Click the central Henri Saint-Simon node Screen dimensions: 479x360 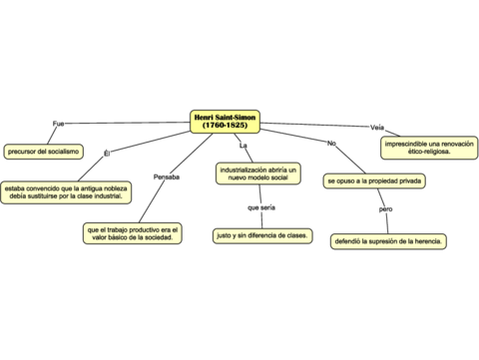click(x=225, y=122)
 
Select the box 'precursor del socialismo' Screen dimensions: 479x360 click(x=43, y=152)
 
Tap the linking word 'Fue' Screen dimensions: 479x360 click(x=58, y=124)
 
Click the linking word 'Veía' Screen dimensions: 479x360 click(x=377, y=128)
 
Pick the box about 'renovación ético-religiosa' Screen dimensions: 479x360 click(x=429, y=148)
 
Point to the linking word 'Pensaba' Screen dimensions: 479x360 click(x=167, y=177)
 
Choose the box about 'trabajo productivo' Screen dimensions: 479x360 click(x=133, y=233)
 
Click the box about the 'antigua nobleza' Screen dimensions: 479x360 click(x=66, y=192)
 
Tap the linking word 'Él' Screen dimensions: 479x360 click(x=107, y=154)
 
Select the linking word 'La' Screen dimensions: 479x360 click(x=243, y=146)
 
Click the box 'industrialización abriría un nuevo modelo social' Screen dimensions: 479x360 click(x=258, y=174)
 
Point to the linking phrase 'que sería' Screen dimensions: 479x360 click(x=261, y=207)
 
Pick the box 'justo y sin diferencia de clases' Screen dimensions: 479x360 click(x=262, y=235)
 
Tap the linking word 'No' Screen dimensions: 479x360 click(x=331, y=143)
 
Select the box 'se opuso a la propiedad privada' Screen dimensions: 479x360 click(x=374, y=181)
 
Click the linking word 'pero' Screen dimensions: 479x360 click(x=386, y=209)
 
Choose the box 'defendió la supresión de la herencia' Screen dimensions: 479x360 click(x=388, y=241)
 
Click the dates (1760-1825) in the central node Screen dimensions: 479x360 click(x=225, y=126)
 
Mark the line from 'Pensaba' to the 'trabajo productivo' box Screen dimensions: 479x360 click(x=152, y=201)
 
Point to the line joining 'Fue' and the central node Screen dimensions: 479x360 click(x=127, y=123)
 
